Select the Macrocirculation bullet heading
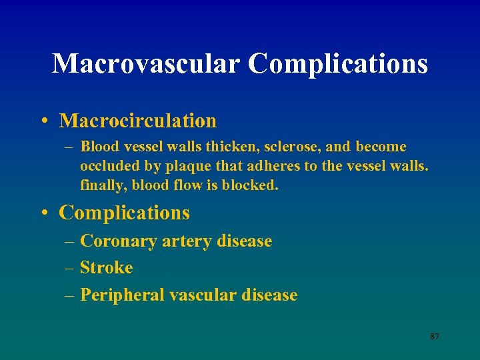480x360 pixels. tap(138, 121)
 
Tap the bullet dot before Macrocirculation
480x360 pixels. tap(43, 121)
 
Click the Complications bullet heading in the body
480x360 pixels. tap(125, 213)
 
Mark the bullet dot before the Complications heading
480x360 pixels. tap(43, 213)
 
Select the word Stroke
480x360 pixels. tap(106, 268)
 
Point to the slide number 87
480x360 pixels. tap(434, 337)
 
